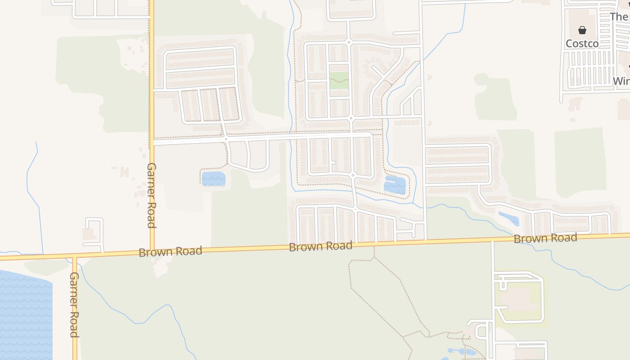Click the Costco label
[x=582, y=43]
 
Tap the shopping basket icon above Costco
[x=582, y=30]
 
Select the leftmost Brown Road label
[x=170, y=251]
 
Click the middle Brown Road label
[x=320, y=246]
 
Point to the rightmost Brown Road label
[x=545, y=238]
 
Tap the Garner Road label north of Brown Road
[x=152, y=195]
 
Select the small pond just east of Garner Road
[x=213, y=179]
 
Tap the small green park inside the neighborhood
[x=339, y=80]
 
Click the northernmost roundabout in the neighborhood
[x=348, y=42]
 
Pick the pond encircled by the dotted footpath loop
[x=395, y=185]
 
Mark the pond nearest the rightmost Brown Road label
[x=509, y=218]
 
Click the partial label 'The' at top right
[x=619, y=17]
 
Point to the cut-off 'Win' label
[x=621, y=81]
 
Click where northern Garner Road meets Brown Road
[x=152, y=253]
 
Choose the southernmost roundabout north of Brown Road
[x=355, y=210]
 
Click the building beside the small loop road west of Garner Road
[x=88, y=234]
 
